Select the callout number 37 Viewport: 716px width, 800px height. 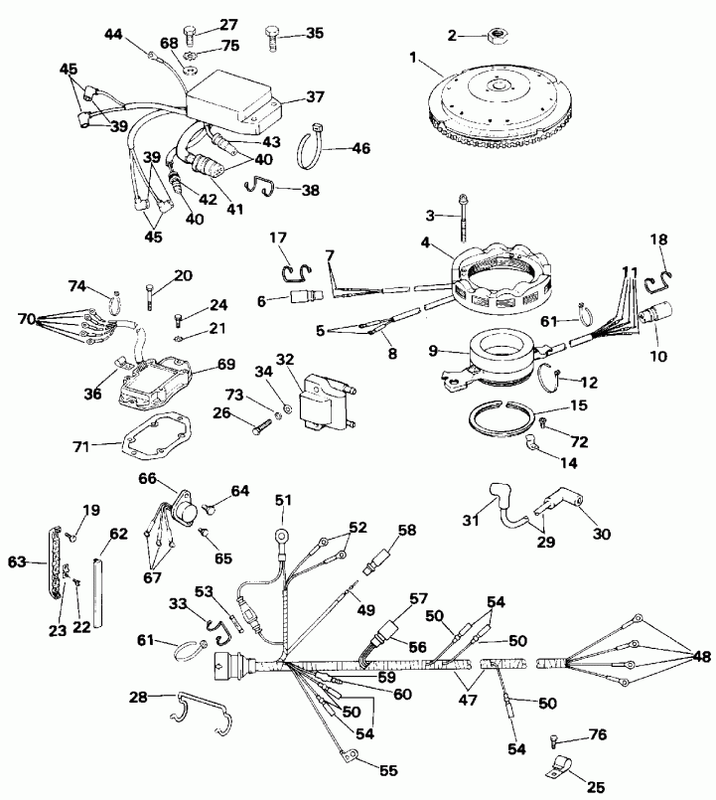pos(315,96)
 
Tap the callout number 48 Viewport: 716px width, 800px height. pos(702,657)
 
